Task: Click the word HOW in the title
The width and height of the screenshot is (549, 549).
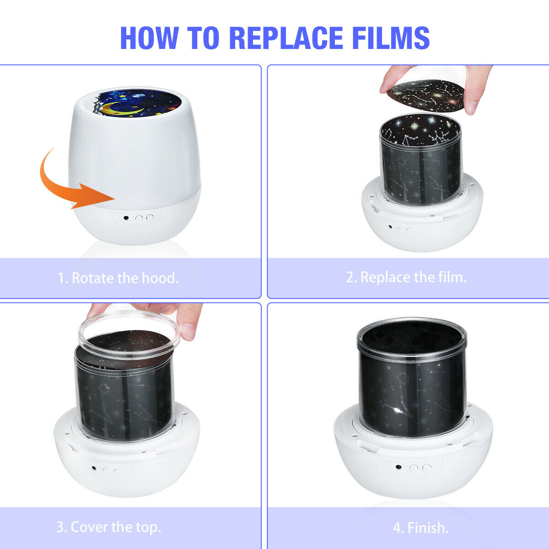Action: (149, 38)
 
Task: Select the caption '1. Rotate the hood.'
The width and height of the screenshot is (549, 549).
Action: (118, 278)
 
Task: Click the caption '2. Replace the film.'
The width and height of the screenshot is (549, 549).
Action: (406, 277)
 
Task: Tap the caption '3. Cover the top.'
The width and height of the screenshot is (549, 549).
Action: (109, 527)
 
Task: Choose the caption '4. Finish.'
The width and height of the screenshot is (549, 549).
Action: (421, 527)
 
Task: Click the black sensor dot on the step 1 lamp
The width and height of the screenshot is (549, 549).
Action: (126, 218)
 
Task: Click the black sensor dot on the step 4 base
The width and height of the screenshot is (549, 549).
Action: (398, 467)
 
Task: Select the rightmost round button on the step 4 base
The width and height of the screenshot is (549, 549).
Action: (426, 468)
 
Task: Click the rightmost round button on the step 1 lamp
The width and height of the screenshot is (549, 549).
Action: (150, 218)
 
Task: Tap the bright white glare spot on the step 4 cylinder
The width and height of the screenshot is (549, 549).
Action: (397, 410)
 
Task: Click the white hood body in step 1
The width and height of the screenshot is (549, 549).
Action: (135, 151)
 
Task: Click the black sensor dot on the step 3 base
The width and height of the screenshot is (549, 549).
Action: (94, 468)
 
